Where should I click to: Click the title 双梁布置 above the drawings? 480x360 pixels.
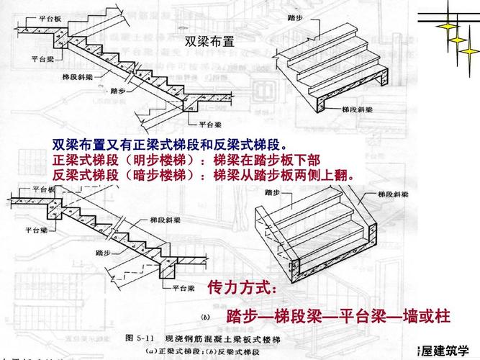[x=209, y=42]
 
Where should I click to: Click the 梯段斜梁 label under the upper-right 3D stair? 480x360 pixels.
[x=357, y=110]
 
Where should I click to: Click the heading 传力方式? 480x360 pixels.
[x=240, y=287]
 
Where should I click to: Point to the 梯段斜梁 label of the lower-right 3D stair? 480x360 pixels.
[x=393, y=195]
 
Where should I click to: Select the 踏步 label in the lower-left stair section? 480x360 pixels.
[x=103, y=253]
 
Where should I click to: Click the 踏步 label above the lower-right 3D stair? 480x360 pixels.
[x=273, y=192]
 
